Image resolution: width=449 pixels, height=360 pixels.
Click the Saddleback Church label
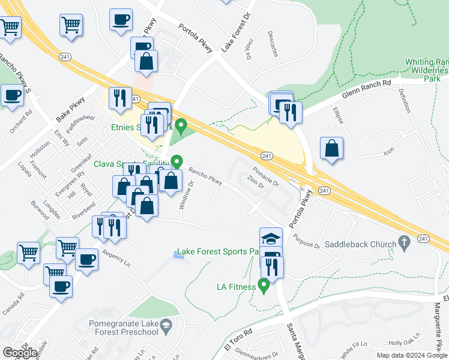click(360, 244)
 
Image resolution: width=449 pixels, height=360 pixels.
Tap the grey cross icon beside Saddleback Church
click(405, 244)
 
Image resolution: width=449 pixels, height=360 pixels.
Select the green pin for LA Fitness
click(263, 285)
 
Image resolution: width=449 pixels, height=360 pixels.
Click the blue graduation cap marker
click(271, 238)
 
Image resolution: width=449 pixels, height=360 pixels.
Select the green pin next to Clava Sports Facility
click(176, 162)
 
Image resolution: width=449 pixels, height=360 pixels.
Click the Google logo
click(20, 353)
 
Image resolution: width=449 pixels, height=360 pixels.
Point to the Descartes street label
click(273, 44)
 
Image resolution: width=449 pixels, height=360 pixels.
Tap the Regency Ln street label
click(116, 257)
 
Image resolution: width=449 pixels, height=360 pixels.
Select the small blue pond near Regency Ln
click(178, 255)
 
